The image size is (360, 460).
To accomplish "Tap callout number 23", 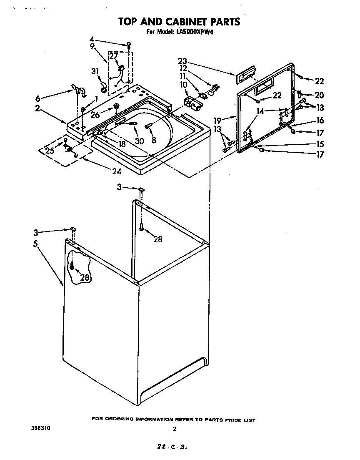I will (x=182, y=60).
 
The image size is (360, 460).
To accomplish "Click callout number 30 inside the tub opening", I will (x=139, y=141).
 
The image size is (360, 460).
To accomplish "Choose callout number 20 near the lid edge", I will (x=319, y=95).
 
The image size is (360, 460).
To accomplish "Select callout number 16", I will (x=319, y=121).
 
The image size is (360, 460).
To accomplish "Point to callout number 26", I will (x=95, y=114).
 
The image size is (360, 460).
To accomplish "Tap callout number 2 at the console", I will (x=37, y=108).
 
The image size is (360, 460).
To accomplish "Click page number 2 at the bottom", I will (x=175, y=429).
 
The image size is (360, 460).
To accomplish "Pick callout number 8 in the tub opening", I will (x=154, y=141).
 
